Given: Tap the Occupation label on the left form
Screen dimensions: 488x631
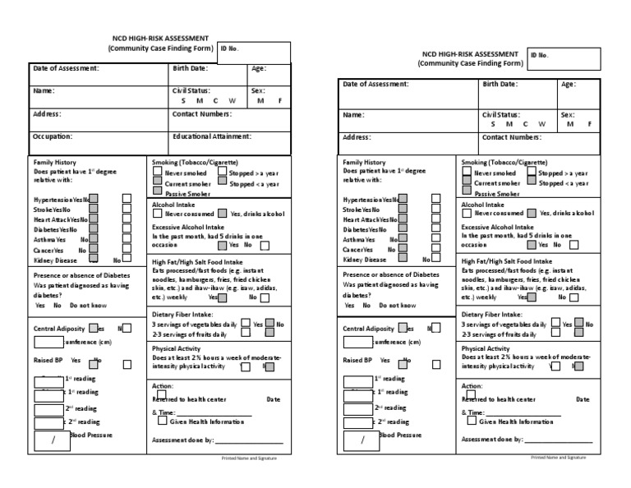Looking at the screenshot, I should [53, 136].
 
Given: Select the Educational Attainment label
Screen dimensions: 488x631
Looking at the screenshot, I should [211, 136].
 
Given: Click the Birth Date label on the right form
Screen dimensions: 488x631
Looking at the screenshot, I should [500, 85].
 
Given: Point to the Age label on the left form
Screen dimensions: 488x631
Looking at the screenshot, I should [258, 68].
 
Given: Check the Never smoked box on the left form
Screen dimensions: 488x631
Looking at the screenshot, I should [158, 173].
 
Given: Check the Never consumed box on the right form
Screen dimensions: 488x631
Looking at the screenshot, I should [467, 213].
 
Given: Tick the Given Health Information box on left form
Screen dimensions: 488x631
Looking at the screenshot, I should [162, 421].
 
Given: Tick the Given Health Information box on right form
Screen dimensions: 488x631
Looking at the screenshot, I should [471, 421].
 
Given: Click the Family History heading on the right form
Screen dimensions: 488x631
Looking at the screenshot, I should [363, 163].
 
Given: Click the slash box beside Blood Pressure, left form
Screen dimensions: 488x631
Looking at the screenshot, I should [52, 440].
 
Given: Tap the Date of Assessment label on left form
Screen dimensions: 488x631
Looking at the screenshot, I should [66, 68].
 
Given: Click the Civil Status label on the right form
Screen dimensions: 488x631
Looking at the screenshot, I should [500, 115].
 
